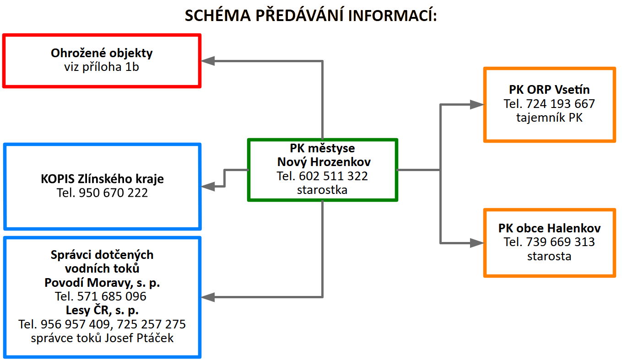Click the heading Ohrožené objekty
[102, 53]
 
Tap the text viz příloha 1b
[102, 67]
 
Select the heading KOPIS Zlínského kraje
[102, 179]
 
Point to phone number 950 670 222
[114, 193]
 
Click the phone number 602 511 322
[333, 176]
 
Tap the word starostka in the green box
[322, 190]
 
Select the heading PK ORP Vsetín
[549, 90]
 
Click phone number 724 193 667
[560, 104]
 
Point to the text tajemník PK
[549, 118]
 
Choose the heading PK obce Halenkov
[549, 228]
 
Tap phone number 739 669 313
[560, 242]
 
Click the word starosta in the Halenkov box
[549, 256]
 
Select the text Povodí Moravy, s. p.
[102, 283]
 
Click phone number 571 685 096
[112, 296]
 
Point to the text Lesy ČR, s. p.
[102, 310]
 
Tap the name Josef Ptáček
[139, 338]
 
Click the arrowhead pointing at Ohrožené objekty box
[208, 61]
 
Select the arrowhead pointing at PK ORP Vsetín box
[477, 104]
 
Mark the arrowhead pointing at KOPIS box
[208, 186]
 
